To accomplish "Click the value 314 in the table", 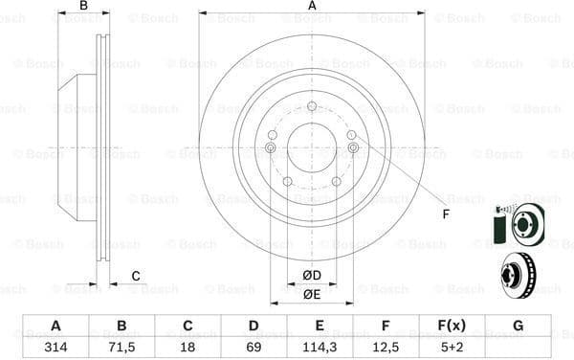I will pos(55,347).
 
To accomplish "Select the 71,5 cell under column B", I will pos(121,347).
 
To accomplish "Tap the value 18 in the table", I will pos(188,347).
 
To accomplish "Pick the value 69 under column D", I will pos(254,347).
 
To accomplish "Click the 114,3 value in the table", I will pos(320,347).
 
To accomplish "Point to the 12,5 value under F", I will pos(386,347).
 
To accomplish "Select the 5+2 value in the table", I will pos(452,347).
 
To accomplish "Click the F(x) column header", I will pos(452,326).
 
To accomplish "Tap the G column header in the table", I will pos(518,326).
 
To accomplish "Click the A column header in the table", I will pos(55,326).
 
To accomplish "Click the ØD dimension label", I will pos(312,276).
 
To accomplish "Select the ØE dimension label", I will pos(312,294).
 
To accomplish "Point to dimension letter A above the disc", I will pos(312,7).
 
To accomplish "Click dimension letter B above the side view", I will pos(83,7).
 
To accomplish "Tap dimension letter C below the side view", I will pos(135,277).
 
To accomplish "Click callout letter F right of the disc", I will pos(446,214).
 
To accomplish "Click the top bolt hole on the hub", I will pos(312,106).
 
